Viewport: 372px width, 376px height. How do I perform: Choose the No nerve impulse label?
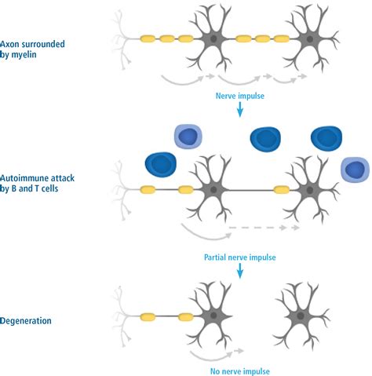tap(240, 371)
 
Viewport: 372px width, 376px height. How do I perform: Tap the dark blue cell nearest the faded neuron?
tap(161, 165)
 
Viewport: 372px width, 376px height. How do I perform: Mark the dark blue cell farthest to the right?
tap(326, 137)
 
